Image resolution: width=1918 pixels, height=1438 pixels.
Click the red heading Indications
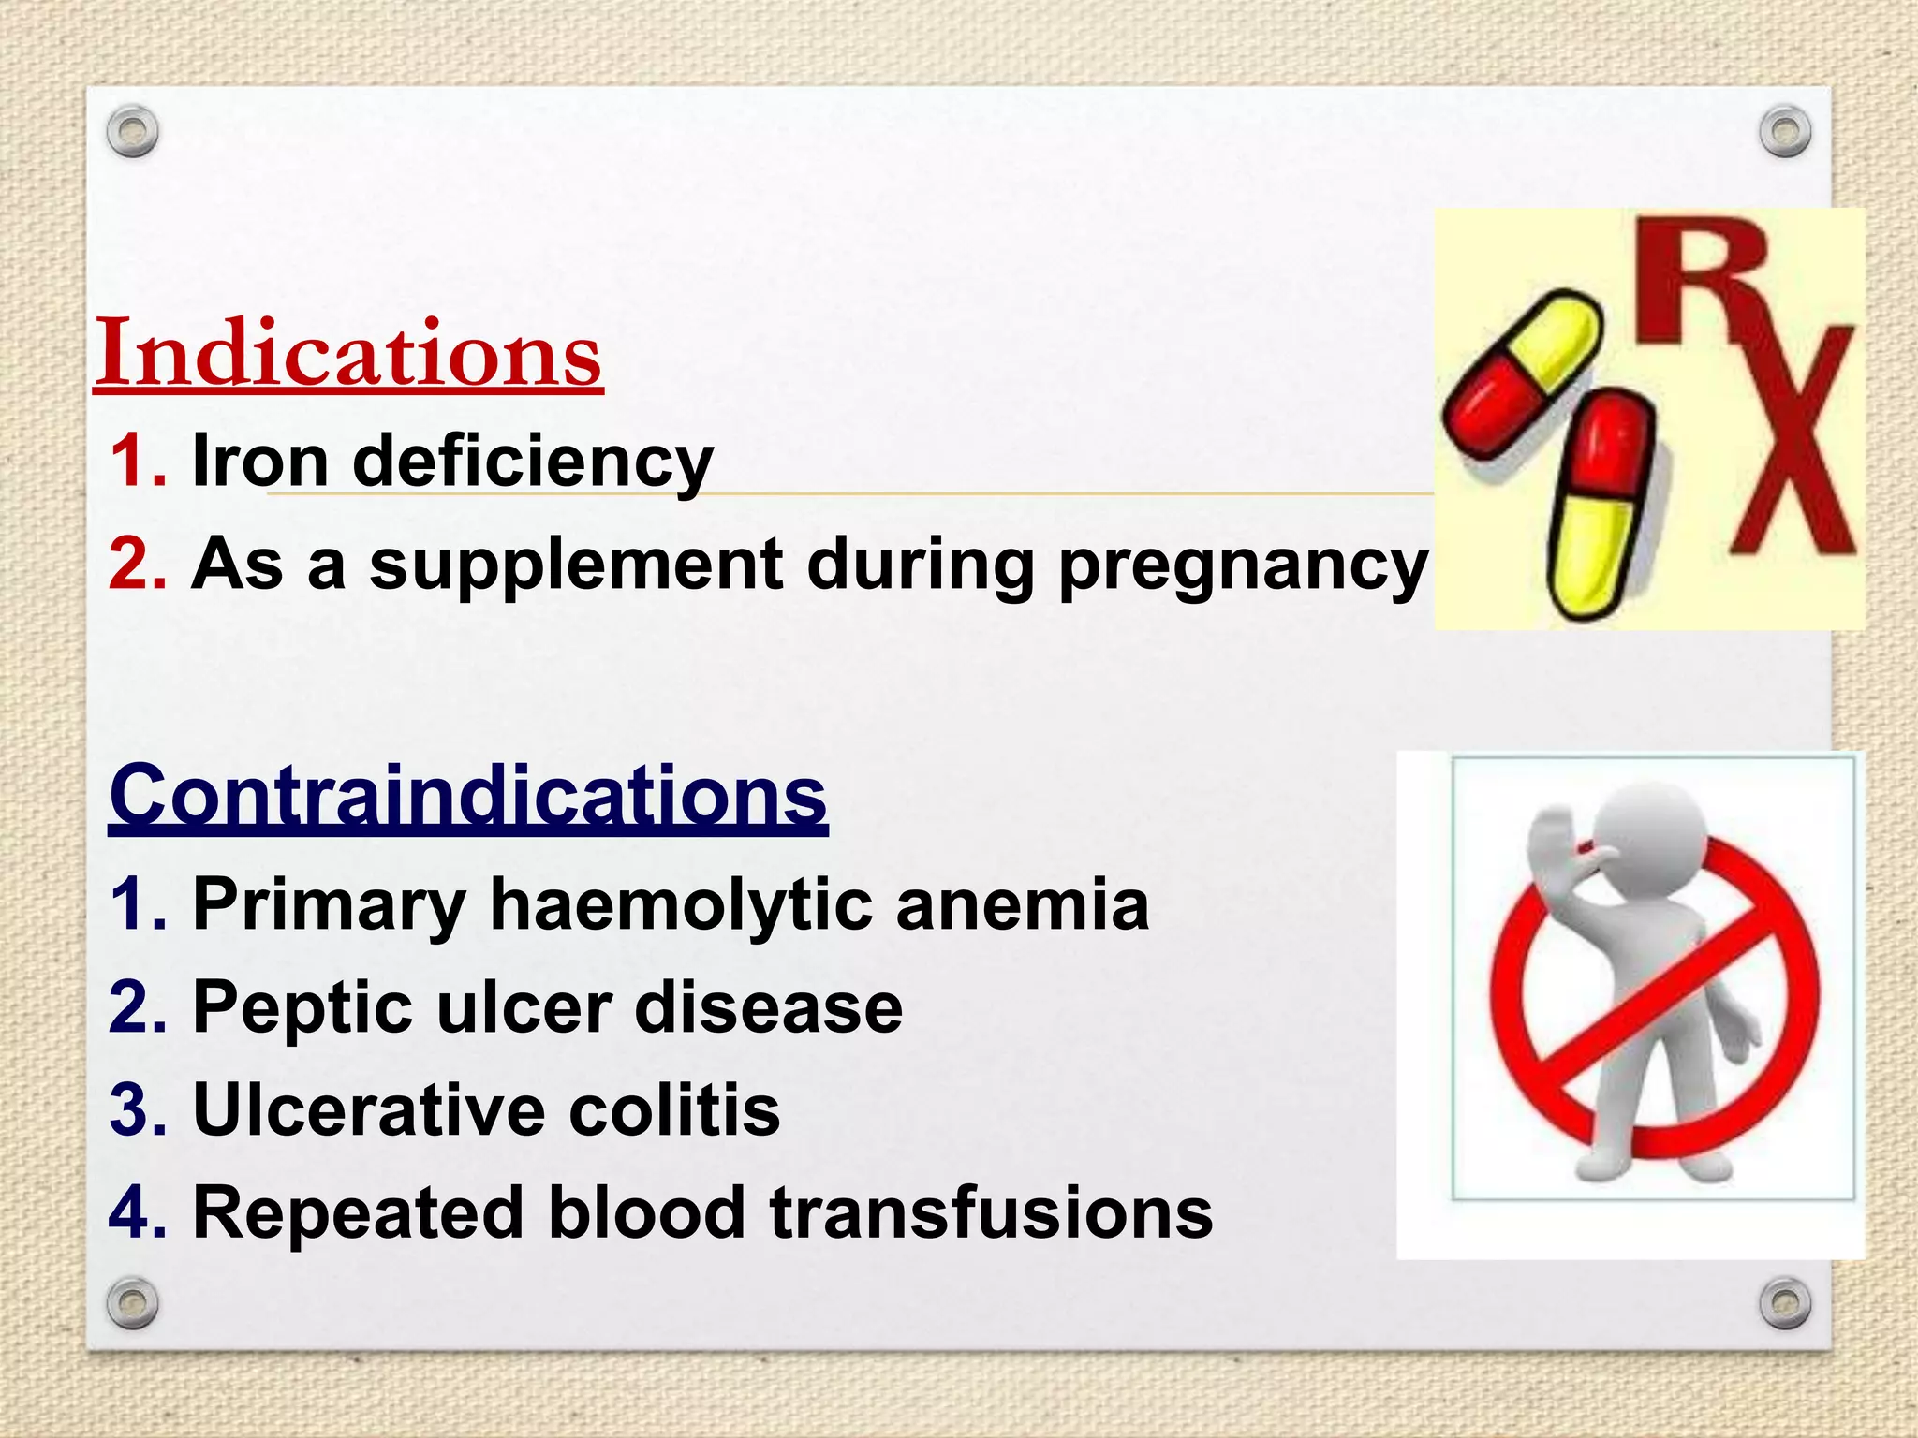348,353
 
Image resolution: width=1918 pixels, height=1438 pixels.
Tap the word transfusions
991,1213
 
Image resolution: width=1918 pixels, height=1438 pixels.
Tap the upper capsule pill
1522,374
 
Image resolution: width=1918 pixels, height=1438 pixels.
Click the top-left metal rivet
132,132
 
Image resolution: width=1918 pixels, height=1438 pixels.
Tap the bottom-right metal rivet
1785,1303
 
